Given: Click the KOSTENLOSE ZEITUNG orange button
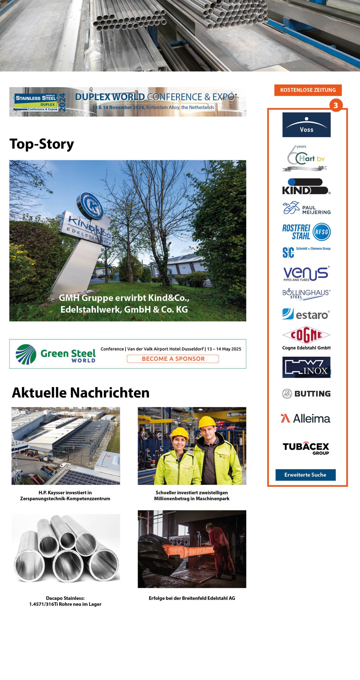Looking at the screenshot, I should pyautogui.click(x=308, y=90).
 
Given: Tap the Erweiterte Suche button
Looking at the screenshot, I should pyautogui.click(x=305, y=475).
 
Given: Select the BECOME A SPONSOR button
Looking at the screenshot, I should pyautogui.click(x=173, y=359).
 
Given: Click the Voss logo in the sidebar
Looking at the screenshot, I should pyautogui.click(x=306, y=125).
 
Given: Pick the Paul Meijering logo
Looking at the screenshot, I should pyautogui.click(x=306, y=208).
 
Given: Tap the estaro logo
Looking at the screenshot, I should pyautogui.click(x=306, y=314).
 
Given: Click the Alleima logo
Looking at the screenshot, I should pyautogui.click(x=306, y=419).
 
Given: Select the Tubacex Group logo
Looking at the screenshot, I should pyautogui.click(x=306, y=448).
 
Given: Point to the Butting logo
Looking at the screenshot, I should pyautogui.click(x=306, y=394).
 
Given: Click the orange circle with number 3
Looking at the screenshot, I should pyautogui.click(x=336, y=105).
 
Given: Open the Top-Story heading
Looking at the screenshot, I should pyautogui.click(x=42, y=144).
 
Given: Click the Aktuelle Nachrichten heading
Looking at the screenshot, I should pyautogui.click(x=81, y=393).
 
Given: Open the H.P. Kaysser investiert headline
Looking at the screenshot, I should pyautogui.click(x=65, y=495).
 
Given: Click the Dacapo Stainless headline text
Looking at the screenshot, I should pyautogui.click(x=65, y=601).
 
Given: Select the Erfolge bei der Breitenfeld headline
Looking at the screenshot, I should pyautogui.click(x=192, y=598).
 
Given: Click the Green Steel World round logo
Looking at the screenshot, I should pyautogui.click(x=26, y=354).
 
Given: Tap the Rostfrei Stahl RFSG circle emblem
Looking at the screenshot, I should pyautogui.click(x=322, y=232).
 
